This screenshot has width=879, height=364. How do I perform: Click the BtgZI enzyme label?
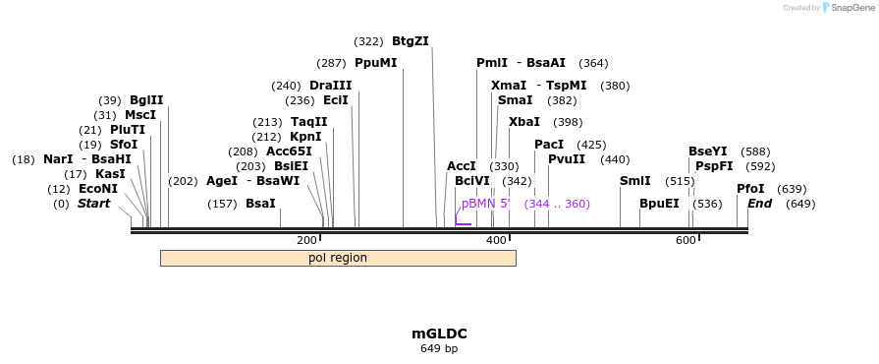coord(410,41)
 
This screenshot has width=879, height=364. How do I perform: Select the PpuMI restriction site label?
coord(375,63)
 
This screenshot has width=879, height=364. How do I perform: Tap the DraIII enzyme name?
coord(330,86)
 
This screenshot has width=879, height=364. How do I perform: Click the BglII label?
coord(146,100)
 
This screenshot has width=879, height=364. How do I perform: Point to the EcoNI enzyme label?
coord(97,189)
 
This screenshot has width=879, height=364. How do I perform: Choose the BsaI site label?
coord(260,204)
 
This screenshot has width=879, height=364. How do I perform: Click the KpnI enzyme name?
coord(305,137)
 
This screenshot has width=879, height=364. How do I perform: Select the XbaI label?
coord(524,122)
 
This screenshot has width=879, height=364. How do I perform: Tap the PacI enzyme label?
coord(549,145)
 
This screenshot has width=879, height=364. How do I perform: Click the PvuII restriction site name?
coord(567,159)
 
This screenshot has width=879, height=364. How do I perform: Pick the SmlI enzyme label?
coord(634,181)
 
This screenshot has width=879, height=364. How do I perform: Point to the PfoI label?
coord(750,189)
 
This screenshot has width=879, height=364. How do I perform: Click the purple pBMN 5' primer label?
coord(486,204)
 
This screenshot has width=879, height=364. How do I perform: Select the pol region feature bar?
coord(338,258)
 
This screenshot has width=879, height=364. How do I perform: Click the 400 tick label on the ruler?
coord(496,241)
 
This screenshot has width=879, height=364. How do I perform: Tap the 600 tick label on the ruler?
coord(686,241)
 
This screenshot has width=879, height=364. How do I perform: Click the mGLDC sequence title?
coord(439,334)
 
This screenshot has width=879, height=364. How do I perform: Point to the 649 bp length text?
coord(439,348)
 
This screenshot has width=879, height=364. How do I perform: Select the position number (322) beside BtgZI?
coord(368,41)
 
